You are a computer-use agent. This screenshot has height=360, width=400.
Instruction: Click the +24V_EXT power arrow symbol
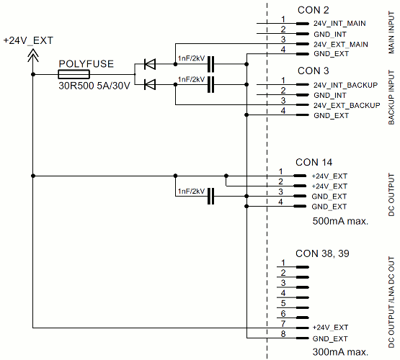[32, 55]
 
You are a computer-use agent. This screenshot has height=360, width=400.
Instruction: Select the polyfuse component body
[74, 75]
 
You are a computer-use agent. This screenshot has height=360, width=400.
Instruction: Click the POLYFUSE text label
[86, 63]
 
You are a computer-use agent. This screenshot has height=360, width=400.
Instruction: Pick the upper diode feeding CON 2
[150, 65]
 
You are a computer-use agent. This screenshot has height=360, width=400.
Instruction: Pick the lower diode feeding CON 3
[150, 85]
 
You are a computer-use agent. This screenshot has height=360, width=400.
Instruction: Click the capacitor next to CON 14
[211, 196]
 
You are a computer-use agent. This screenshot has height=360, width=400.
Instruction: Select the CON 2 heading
[313, 10]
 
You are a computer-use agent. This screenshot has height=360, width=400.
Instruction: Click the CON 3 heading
[313, 71]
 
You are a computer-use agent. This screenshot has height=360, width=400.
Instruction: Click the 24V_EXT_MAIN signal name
[341, 45]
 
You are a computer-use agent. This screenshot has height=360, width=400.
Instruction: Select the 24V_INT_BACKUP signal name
[345, 85]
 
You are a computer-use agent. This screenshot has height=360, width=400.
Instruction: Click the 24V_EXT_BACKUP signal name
[346, 105]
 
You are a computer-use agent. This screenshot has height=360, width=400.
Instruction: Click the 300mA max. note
[339, 352]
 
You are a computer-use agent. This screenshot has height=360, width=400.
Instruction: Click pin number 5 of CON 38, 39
[284, 303]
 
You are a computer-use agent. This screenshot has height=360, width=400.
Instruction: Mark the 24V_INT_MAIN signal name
[339, 24]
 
